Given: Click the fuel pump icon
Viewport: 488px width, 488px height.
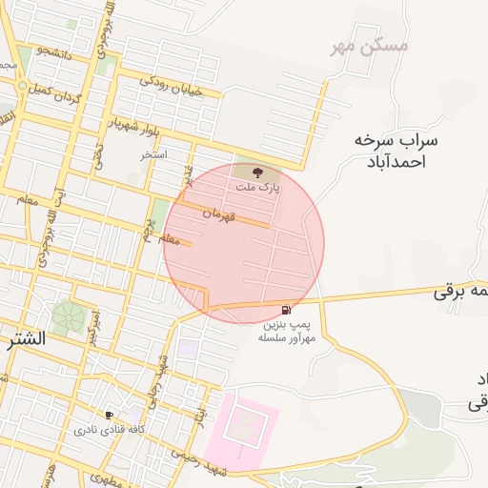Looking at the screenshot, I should point(287,312).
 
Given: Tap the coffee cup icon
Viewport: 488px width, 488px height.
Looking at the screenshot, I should point(110,416).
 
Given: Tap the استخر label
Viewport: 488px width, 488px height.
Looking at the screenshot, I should point(154,153).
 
